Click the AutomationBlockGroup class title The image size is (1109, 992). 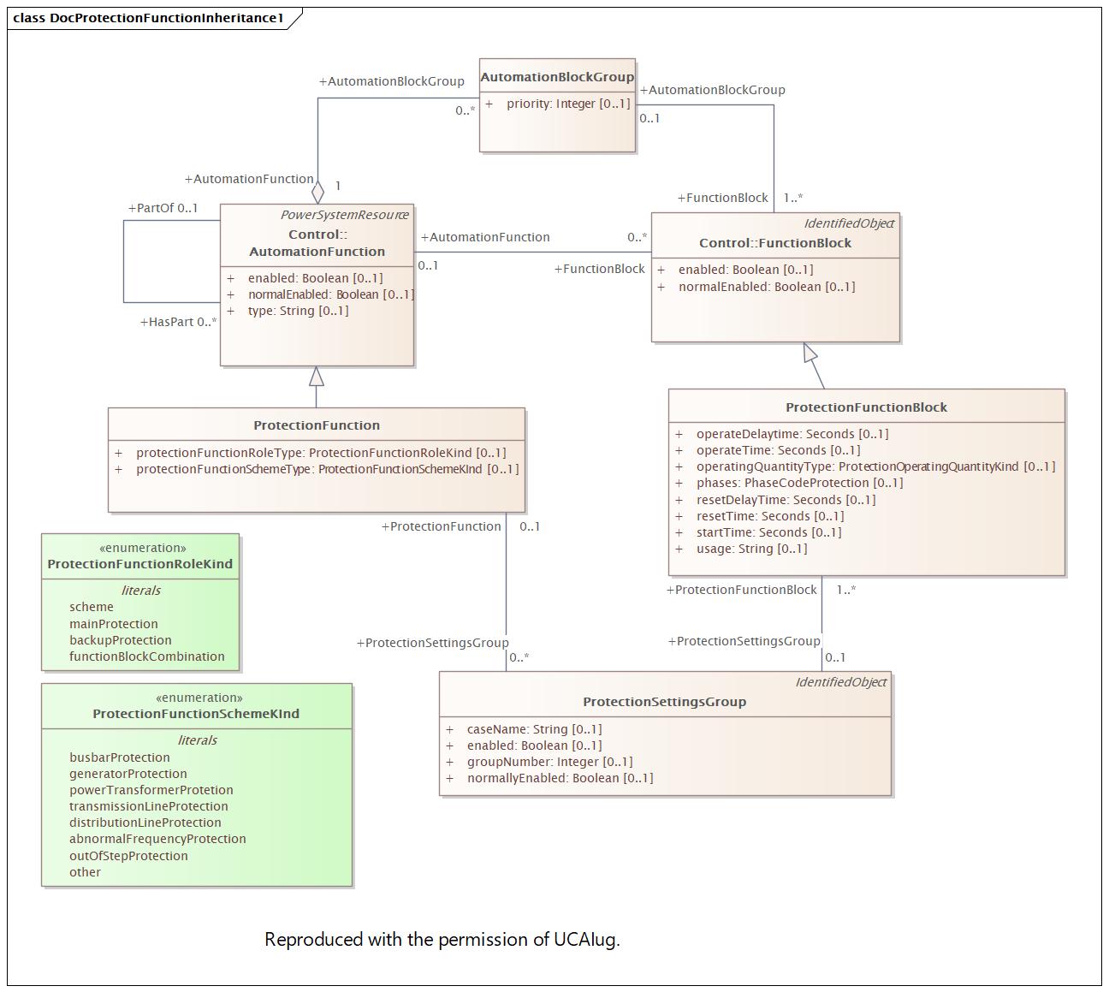coord(557,77)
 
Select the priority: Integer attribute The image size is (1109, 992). coord(567,104)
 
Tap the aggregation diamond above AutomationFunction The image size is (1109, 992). coord(318,193)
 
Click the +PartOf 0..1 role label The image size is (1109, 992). coord(163,208)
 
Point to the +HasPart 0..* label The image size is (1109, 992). coord(178,322)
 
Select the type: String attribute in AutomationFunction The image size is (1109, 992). coord(298,311)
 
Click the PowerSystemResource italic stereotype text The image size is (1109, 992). coord(344,215)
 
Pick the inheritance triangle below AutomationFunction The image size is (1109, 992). coord(317,377)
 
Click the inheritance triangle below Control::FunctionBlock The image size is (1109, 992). coord(810,353)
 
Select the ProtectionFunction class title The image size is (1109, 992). coord(317,425)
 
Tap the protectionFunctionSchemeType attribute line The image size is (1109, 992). coord(327,469)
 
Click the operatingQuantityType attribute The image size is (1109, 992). coord(875,466)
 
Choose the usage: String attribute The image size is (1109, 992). coord(751,549)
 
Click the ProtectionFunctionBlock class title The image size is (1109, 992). coord(866,407)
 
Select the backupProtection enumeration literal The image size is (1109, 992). coord(121,640)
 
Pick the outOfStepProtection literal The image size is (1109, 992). coord(128,856)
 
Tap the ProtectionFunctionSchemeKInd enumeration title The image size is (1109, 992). coord(196,714)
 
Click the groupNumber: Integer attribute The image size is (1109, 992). coord(549,762)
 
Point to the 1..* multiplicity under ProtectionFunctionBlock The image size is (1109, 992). coord(845,590)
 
